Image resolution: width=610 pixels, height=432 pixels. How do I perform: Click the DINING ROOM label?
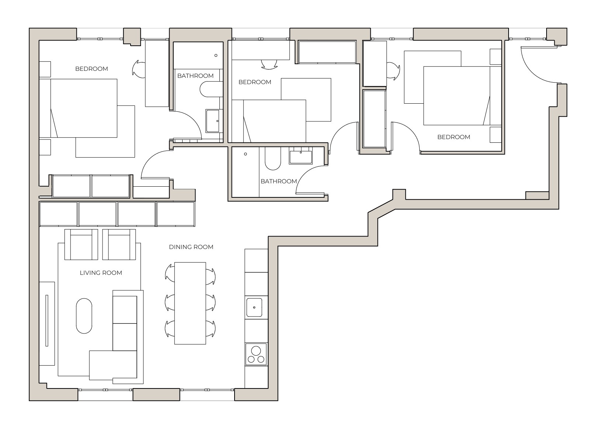click(191, 247)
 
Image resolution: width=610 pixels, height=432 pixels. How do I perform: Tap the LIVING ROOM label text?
click(101, 273)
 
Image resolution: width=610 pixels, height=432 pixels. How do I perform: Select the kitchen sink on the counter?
click(254, 307)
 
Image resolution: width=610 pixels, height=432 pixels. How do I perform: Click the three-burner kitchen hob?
click(256, 354)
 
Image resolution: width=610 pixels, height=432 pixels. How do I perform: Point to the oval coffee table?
click(84, 315)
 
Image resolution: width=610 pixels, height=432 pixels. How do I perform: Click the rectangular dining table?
click(190, 303)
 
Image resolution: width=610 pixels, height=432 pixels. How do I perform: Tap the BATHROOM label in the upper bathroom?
click(195, 76)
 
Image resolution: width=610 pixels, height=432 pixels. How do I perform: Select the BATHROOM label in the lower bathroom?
click(278, 181)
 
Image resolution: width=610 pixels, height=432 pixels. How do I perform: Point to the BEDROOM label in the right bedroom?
click(453, 137)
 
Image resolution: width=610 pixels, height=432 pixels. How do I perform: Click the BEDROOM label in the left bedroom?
click(91, 69)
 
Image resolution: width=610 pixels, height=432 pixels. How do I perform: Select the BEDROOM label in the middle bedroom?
click(254, 82)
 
